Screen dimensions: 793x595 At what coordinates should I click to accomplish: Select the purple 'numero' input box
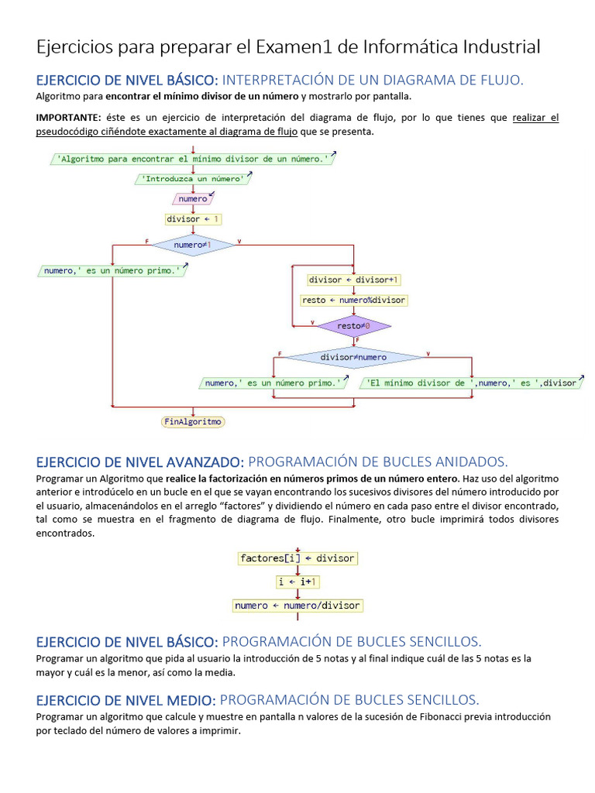point(193,199)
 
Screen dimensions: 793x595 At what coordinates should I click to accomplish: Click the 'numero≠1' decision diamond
point(193,245)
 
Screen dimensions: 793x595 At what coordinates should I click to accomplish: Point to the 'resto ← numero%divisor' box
point(354,300)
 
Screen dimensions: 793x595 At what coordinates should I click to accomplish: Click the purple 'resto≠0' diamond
point(354,326)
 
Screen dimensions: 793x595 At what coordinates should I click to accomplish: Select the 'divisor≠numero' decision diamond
point(353,357)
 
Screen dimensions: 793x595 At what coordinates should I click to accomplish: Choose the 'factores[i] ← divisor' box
point(297,558)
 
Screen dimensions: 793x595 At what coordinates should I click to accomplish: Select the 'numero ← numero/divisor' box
point(297,606)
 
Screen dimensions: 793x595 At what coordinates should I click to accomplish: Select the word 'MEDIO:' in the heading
point(191,700)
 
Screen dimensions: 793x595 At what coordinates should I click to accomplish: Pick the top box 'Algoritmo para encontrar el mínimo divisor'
point(193,159)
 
